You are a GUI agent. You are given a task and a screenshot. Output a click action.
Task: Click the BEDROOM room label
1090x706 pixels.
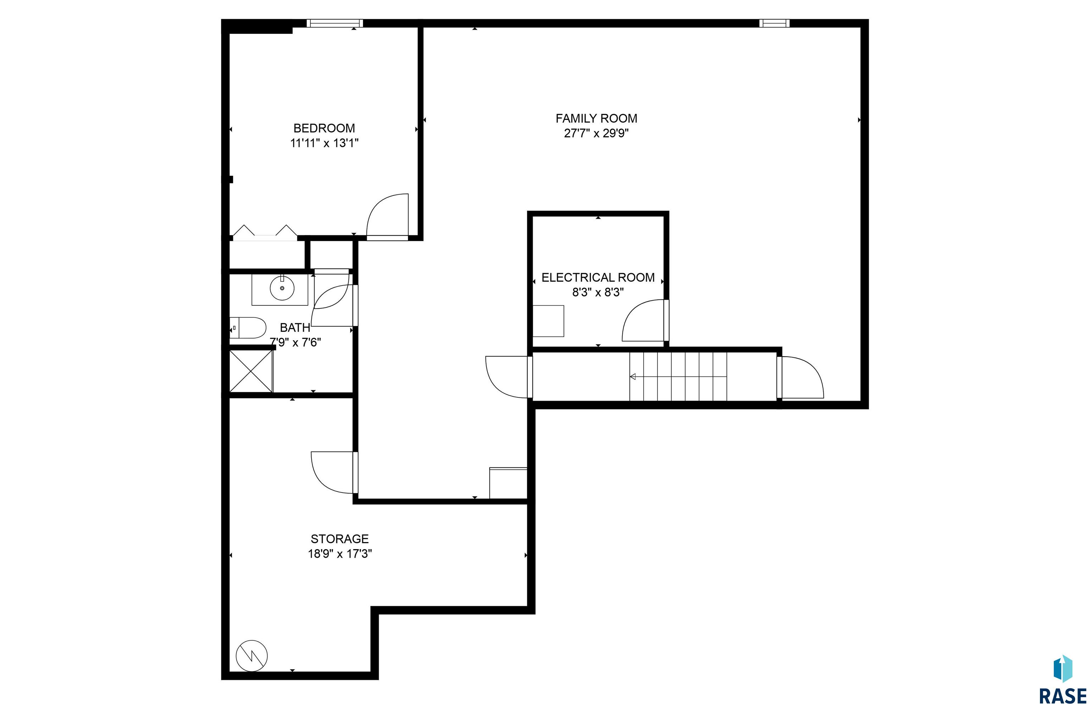pos(324,128)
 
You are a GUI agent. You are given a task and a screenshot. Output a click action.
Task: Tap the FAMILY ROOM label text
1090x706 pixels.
pos(596,118)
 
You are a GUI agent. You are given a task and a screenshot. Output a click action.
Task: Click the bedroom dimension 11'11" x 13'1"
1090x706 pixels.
pos(324,143)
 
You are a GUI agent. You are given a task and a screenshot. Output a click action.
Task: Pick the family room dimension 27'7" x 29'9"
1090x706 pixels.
pos(596,134)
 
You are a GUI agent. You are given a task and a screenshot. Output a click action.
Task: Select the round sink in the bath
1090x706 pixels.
pos(282,288)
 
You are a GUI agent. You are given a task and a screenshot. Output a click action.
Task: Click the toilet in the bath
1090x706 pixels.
pos(248,328)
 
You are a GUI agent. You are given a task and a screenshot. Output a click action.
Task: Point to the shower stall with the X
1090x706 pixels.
pos(251,371)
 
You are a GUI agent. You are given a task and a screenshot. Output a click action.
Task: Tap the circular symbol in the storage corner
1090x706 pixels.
pos(252,656)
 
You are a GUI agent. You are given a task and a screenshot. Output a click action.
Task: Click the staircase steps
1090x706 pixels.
pos(678,377)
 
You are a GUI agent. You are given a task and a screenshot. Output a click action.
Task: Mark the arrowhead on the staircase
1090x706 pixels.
pos(633,377)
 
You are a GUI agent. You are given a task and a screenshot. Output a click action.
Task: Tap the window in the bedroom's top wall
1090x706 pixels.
pos(335,23)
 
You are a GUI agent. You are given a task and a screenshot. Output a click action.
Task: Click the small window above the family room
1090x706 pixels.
pos(775,23)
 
